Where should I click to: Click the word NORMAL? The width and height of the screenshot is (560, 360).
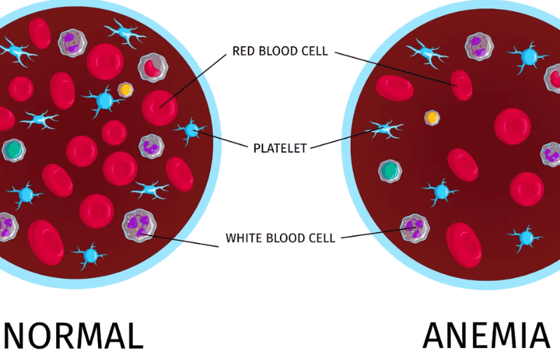[x=73, y=335]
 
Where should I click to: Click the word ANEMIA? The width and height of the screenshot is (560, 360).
[x=486, y=335]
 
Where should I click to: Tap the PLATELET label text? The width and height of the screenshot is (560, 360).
[x=280, y=148]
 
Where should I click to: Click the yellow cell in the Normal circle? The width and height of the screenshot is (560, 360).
[x=126, y=90]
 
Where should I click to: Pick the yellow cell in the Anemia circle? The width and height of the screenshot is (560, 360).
[x=432, y=118]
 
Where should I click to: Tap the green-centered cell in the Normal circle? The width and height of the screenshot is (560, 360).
[x=13, y=150]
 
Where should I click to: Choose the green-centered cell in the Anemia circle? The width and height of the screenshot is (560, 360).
[x=390, y=171]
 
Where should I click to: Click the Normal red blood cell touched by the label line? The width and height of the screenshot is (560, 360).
[x=160, y=108]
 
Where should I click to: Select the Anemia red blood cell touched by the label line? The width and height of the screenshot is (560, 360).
[x=461, y=85]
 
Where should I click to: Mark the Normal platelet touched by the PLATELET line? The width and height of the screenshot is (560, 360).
[x=191, y=130]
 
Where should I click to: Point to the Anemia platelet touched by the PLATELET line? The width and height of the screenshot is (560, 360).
[x=386, y=129]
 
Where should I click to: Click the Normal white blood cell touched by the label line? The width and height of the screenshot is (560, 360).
[x=139, y=226]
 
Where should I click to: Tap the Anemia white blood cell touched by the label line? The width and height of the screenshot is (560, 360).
[x=414, y=228]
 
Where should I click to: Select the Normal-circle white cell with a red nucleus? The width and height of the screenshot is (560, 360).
[x=153, y=67]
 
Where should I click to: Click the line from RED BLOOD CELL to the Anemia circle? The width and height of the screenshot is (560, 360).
[x=395, y=69]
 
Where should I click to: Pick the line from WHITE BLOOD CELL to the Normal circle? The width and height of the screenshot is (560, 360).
[x=180, y=241]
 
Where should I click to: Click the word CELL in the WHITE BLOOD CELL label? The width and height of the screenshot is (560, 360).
[x=321, y=238]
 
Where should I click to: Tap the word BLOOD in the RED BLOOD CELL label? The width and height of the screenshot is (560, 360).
[x=277, y=51]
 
